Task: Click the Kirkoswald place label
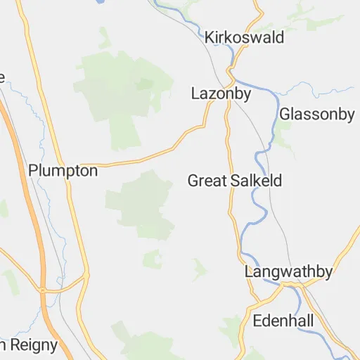point(244,37)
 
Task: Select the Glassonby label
point(316,114)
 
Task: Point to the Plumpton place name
point(63,170)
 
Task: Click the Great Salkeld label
point(234,181)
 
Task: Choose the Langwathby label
point(288,271)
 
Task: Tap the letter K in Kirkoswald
point(209,37)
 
